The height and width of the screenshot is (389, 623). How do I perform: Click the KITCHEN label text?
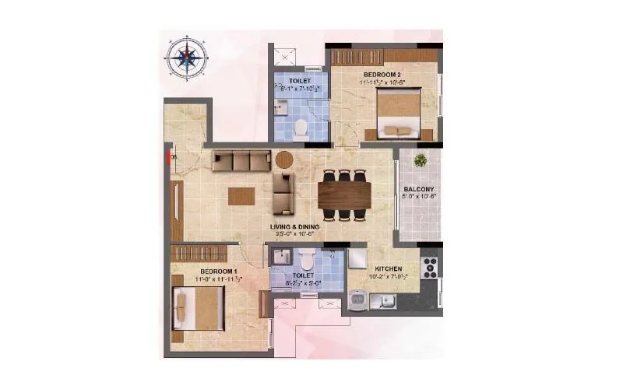point(387,266)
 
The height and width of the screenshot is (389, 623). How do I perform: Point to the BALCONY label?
point(419,188)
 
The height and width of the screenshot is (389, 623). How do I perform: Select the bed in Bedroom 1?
point(199,308)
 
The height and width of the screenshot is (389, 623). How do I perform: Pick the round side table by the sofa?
point(284,160)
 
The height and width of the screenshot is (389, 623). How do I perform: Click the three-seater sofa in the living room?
point(241,161)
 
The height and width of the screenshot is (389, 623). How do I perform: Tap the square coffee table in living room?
point(241,196)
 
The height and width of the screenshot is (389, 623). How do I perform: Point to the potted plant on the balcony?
point(421,161)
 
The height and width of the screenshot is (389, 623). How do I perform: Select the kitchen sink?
point(359,299)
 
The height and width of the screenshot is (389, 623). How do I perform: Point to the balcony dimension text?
point(419,196)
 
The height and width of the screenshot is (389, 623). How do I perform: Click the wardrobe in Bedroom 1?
point(198,254)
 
